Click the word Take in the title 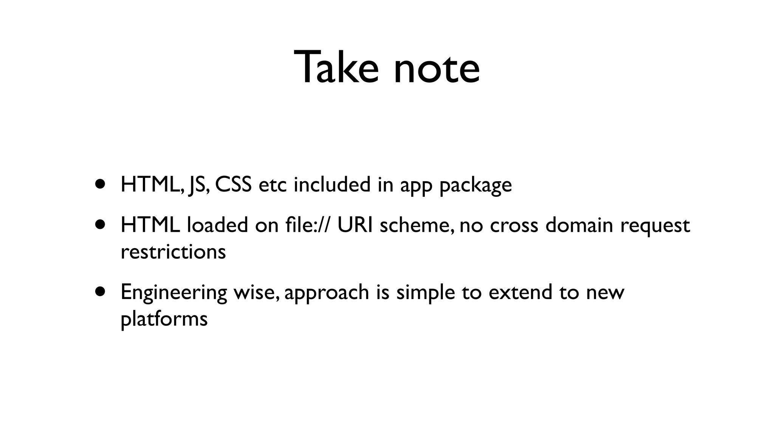click(x=336, y=68)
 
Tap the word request click(x=655, y=226)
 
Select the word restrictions click(x=173, y=251)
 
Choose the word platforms click(x=164, y=319)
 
